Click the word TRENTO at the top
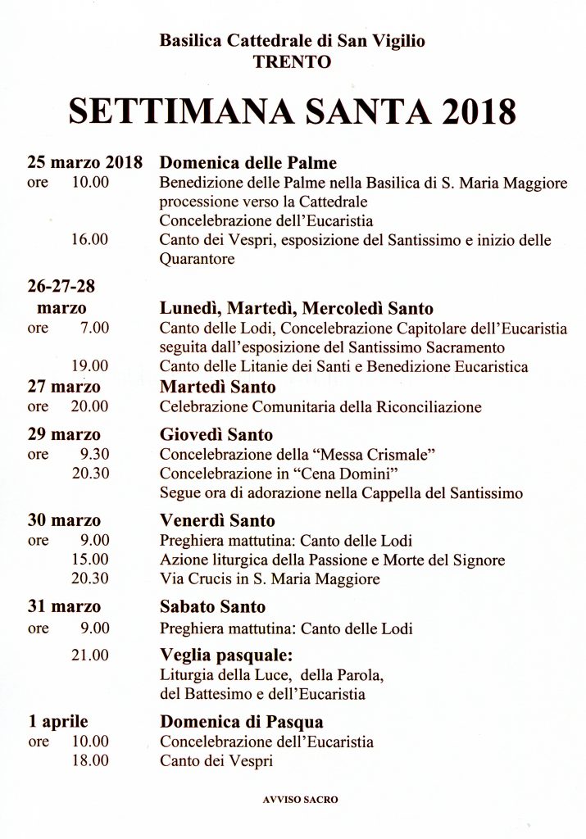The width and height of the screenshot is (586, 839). pos(293,61)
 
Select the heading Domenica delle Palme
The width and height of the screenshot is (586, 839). pos(248,163)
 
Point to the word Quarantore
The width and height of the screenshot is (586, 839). pos(197,259)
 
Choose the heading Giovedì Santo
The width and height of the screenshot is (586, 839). pos(216,434)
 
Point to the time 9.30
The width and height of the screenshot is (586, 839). pos(94,454)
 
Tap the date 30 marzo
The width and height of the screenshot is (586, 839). pos(64,520)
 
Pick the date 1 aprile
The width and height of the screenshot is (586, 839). pos(58,722)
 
